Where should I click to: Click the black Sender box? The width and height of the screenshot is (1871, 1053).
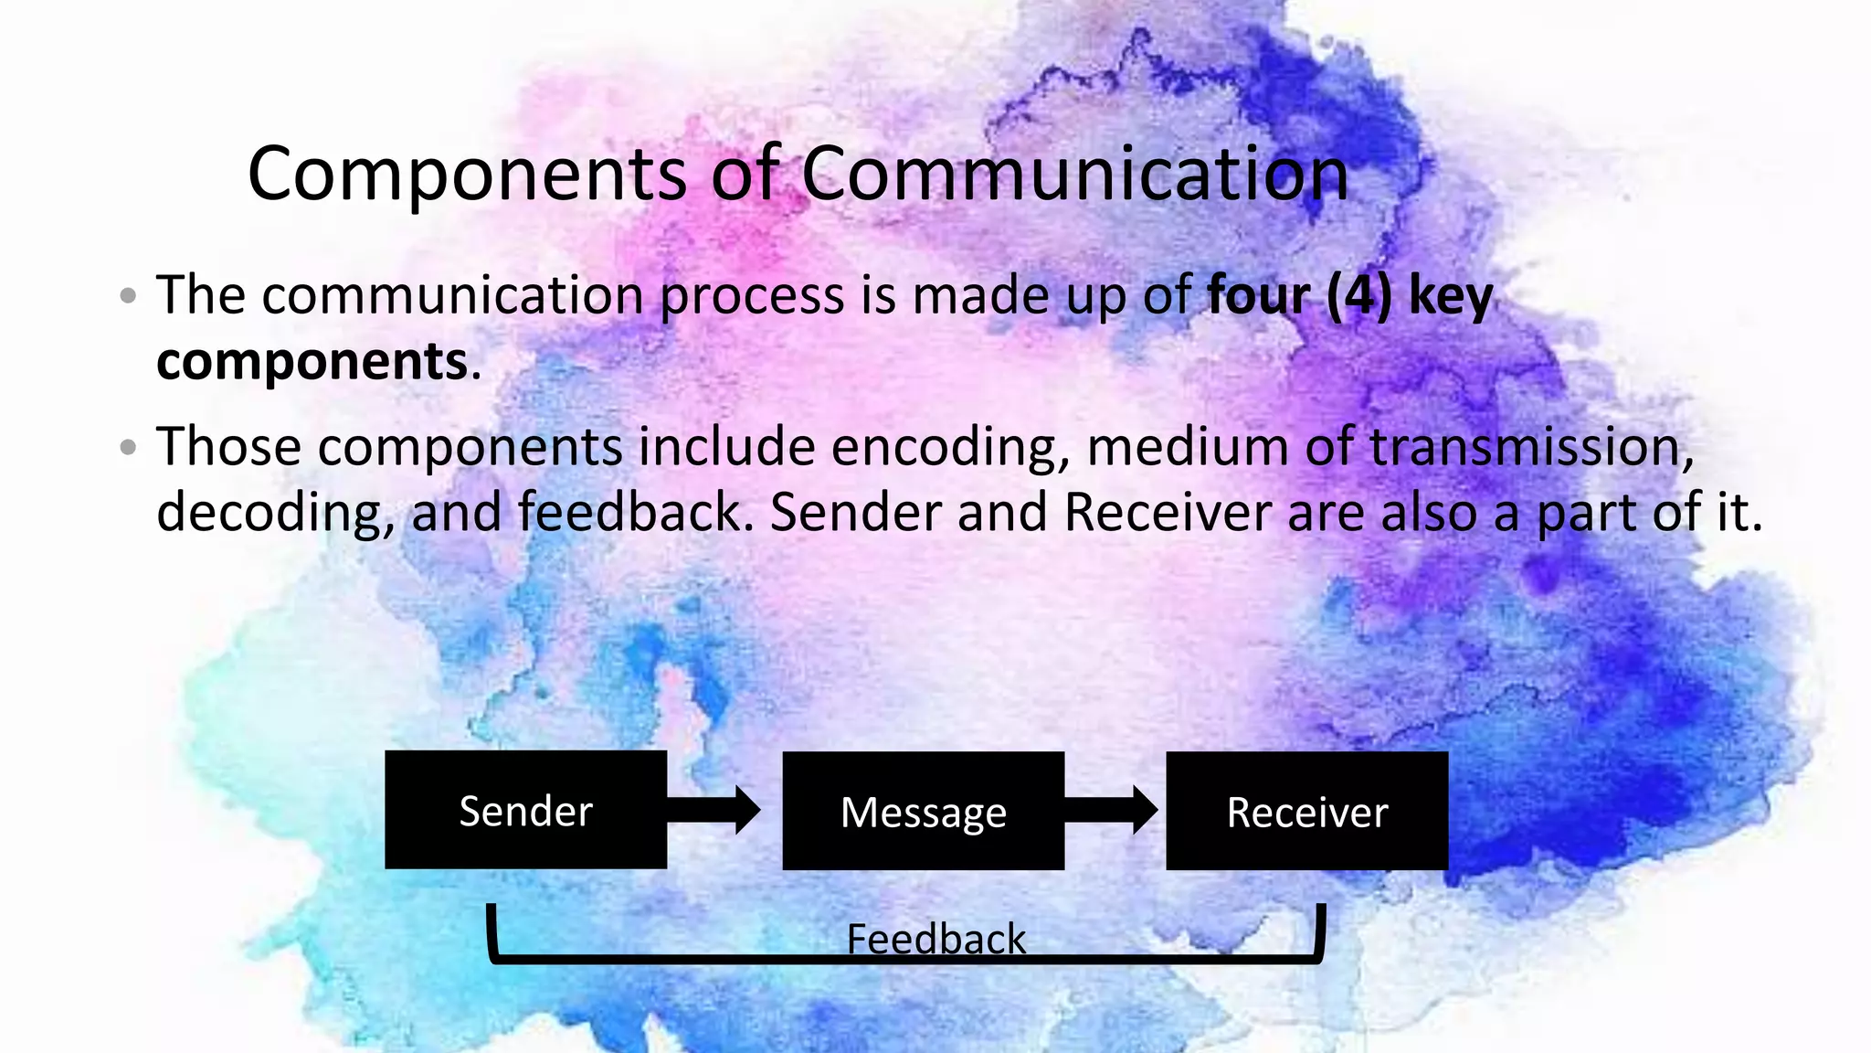[525, 810]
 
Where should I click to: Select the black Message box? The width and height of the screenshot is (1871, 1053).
[923, 811]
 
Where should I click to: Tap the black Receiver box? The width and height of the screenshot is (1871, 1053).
[1306, 811]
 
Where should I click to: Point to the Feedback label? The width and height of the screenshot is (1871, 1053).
[935, 939]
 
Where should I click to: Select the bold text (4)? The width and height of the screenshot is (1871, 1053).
[1358, 295]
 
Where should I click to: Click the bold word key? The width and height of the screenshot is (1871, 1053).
[1451, 297]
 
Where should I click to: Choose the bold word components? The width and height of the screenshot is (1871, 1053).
[312, 362]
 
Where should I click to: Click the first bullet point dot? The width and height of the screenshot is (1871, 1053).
[128, 296]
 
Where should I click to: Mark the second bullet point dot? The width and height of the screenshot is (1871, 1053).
[128, 448]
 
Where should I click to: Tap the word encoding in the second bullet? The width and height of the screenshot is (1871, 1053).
[949, 448]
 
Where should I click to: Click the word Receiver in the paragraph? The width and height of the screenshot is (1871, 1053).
[1167, 512]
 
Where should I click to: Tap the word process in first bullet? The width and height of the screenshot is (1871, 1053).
[752, 297]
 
